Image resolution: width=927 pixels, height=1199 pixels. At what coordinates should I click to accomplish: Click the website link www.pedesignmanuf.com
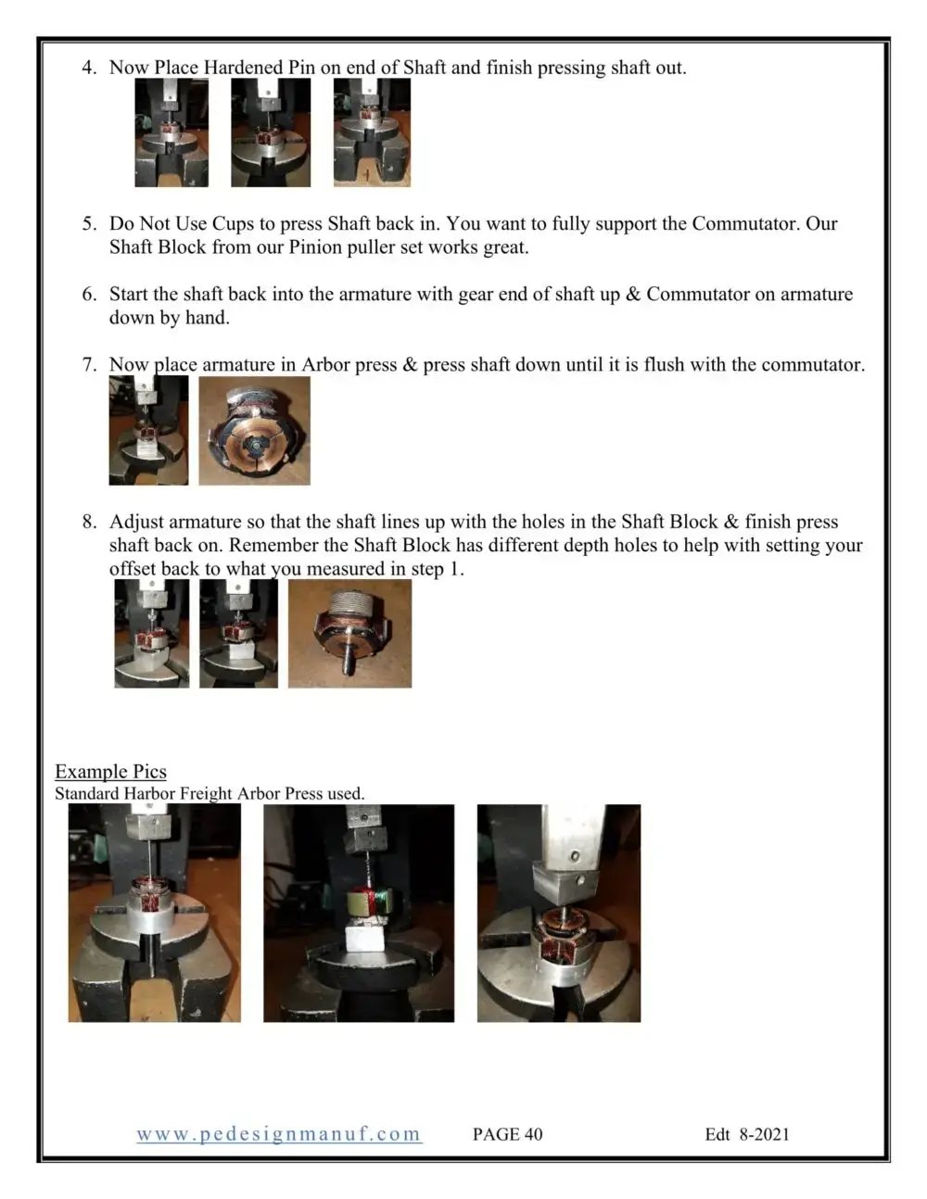(x=279, y=1134)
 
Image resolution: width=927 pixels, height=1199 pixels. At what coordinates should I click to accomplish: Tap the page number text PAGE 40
(x=508, y=1134)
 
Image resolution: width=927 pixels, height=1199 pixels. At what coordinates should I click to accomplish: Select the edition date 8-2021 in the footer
(x=764, y=1134)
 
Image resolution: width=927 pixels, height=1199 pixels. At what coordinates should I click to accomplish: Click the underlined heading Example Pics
(x=110, y=771)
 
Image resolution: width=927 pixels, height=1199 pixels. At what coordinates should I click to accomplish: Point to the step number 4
(x=89, y=68)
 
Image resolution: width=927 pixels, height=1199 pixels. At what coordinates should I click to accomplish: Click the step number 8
(x=89, y=522)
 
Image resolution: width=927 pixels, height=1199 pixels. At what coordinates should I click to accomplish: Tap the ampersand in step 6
(x=633, y=294)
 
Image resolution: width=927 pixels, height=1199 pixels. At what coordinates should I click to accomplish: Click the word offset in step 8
(x=133, y=569)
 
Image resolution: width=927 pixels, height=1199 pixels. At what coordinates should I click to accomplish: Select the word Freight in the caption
(x=206, y=793)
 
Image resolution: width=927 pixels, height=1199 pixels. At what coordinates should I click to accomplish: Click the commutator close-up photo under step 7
(x=254, y=431)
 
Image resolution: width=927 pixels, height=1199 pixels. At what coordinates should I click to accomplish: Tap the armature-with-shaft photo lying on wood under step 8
(x=349, y=634)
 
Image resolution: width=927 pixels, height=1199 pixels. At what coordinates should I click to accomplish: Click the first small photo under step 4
(x=171, y=133)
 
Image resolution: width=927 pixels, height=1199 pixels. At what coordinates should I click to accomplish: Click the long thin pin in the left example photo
(x=150, y=851)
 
